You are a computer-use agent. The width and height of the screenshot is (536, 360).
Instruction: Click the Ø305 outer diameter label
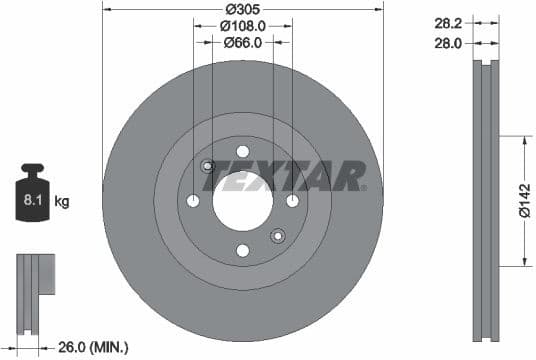pyautogui.click(x=242, y=9)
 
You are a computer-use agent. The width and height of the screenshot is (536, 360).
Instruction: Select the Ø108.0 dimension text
pyautogui.click(x=242, y=25)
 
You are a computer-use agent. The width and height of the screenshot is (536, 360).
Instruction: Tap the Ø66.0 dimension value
pyautogui.click(x=242, y=42)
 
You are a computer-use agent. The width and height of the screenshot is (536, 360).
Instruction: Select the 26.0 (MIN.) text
pyautogui.click(x=92, y=347)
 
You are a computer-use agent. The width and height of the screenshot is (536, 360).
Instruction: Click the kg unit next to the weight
pyautogui.click(x=62, y=202)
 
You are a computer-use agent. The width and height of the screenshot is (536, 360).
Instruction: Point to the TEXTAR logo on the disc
pyautogui.click(x=284, y=177)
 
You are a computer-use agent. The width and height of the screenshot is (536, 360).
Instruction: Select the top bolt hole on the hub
pyautogui.click(x=242, y=152)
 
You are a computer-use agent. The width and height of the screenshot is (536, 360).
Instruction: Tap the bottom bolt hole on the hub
pyautogui.click(x=242, y=250)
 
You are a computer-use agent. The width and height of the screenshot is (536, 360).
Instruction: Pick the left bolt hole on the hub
pyautogui.click(x=193, y=201)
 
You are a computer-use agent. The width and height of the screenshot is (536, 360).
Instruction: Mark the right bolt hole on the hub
pyautogui.click(x=292, y=201)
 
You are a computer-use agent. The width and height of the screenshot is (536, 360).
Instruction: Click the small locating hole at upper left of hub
pyautogui.click(x=207, y=166)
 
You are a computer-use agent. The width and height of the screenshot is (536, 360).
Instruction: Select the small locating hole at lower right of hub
pyautogui.click(x=278, y=236)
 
